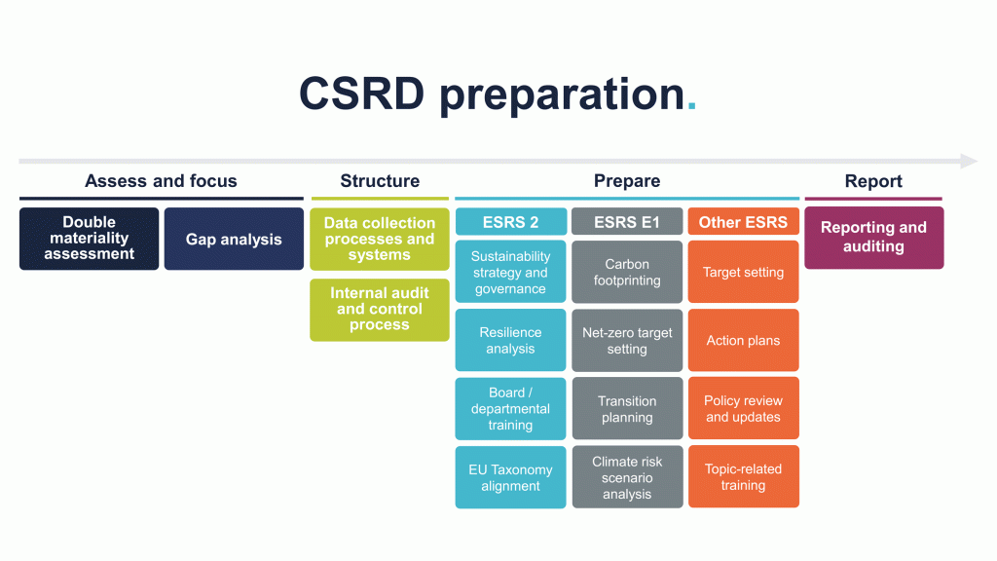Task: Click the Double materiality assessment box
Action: [x=89, y=239]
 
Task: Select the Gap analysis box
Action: [x=234, y=239]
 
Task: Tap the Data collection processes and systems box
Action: [x=380, y=239]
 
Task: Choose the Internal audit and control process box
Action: [x=380, y=310]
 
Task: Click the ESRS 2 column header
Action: [x=510, y=222]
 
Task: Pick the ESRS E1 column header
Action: [x=627, y=222]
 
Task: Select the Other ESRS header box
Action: [x=743, y=222]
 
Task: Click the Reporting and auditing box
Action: [x=873, y=238]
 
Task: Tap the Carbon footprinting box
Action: [x=627, y=273]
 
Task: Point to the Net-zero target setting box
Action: [x=627, y=341]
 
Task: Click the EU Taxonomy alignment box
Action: [x=510, y=477]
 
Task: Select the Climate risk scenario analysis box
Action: [x=627, y=477]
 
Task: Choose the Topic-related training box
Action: [x=743, y=477]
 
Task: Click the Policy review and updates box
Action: [x=743, y=409]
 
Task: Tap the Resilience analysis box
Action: [x=510, y=341]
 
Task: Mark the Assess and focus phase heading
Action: [x=161, y=181]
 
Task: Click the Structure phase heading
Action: [x=380, y=181]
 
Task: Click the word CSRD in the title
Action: [x=361, y=93]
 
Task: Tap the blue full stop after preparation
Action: [x=691, y=108]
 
